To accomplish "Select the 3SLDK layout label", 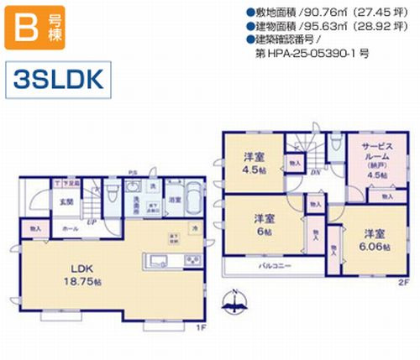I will pyautogui.click(x=58, y=79).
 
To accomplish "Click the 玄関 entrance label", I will pyautogui.click(x=42, y=202).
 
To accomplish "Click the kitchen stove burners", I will pyautogui.click(x=192, y=258).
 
